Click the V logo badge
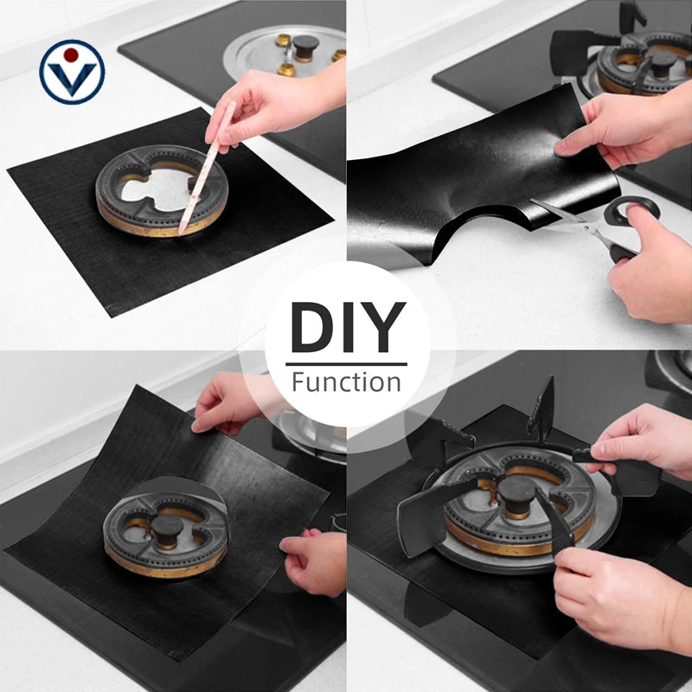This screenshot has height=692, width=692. (x=72, y=72)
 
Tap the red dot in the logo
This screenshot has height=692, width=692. (x=71, y=54)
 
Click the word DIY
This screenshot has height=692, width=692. (x=348, y=327)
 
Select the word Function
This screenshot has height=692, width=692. (x=347, y=382)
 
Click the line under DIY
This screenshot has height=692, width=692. (x=347, y=364)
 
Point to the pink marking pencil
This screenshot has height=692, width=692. (x=207, y=168)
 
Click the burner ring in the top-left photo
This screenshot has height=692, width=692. (x=162, y=190)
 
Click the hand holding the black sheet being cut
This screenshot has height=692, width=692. (x=626, y=128)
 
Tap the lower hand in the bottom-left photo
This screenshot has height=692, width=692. (x=314, y=561)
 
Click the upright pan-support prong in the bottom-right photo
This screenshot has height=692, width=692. (x=544, y=408)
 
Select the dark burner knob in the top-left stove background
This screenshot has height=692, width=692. (x=305, y=48)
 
